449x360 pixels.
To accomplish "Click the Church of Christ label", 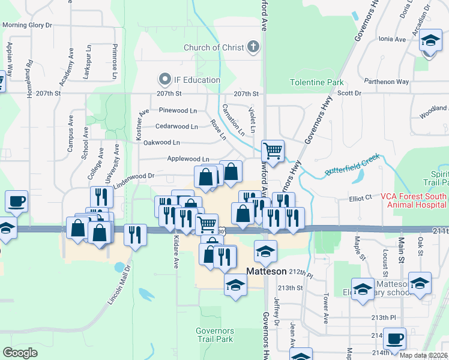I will [x=214, y=47].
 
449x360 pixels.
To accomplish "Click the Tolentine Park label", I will [x=316, y=82].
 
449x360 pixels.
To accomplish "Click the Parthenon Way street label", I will [x=387, y=82].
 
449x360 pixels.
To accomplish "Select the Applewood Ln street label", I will [x=188, y=159].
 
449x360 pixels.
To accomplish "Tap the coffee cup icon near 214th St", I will [x=395, y=338].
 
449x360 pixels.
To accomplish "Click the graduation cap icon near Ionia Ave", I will [x=429, y=40].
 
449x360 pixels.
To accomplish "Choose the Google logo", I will [x=20, y=352].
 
